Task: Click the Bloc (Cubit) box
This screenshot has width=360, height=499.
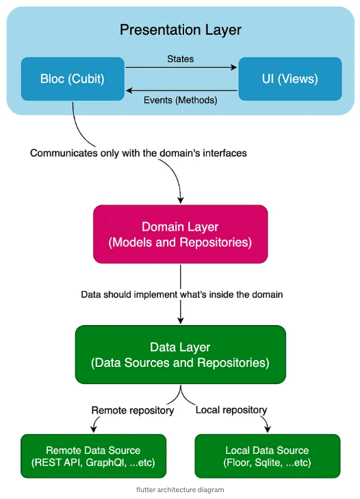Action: point(73,79)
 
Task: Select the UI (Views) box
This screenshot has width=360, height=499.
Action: point(290,79)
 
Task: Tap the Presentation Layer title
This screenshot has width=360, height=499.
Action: point(181,30)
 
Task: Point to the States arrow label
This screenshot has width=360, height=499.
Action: point(181,59)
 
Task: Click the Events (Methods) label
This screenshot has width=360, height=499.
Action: point(181,100)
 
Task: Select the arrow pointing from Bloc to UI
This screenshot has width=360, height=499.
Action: point(181,67)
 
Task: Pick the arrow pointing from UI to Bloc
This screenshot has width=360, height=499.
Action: point(181,91)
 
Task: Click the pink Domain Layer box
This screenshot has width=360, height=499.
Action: point(181,234)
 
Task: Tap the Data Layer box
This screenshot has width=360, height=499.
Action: point(181,355)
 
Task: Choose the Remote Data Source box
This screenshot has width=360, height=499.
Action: point(93,456)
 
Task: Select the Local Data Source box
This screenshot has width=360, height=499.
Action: point(268,456)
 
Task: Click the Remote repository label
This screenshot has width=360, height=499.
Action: point(133,410)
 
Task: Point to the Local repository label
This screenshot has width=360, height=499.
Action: point(231,410)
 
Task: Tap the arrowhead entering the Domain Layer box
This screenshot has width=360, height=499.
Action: point(181,200)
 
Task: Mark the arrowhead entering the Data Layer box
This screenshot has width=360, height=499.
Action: point(181,320)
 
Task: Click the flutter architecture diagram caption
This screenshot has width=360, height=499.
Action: point(180,490)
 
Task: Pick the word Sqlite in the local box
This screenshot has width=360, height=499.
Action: point(269,463)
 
